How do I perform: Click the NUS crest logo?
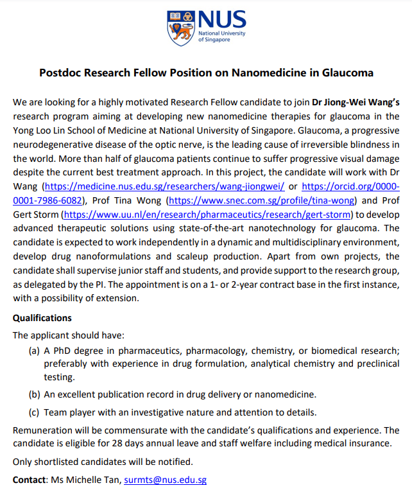(x=180, y=27)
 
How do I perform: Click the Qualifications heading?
(x=42, y=318)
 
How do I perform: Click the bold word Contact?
(x=30, y=480)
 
